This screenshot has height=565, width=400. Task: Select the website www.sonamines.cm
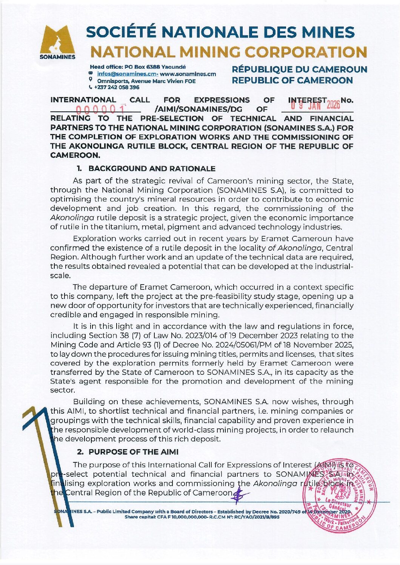tap(188, 74)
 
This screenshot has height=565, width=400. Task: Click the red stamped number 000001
tap(101, 110)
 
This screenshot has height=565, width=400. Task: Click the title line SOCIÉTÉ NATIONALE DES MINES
tap(220, 33)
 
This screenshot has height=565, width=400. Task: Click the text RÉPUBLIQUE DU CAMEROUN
tap(299, 69)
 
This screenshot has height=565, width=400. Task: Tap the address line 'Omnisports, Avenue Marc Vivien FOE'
tap(146, 81)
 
